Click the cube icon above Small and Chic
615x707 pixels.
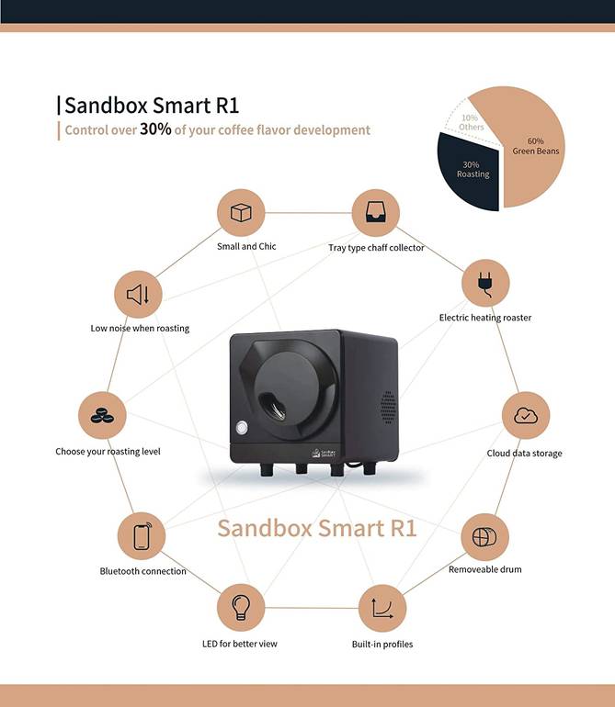(241, 212)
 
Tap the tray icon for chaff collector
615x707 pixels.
(375, 212)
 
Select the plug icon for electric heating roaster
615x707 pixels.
(485, 284)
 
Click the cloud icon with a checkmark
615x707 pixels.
(526, 415)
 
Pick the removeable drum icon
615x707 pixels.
(484, 536)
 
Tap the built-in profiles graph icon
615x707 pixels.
(382, 608)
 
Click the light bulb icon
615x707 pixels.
(240, 607)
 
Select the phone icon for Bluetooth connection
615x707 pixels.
(142, 535)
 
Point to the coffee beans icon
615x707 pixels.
(102, 415)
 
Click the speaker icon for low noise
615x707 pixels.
(138, 295)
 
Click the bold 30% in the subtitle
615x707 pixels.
(155, 129)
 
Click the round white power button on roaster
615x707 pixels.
(242, 427)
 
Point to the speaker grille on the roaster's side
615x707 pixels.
(387, 407)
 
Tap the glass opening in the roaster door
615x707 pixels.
(272, 407)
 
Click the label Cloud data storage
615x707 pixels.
(524, 454)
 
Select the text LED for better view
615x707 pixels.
(240, 644)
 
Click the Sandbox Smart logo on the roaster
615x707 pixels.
(324, 453)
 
